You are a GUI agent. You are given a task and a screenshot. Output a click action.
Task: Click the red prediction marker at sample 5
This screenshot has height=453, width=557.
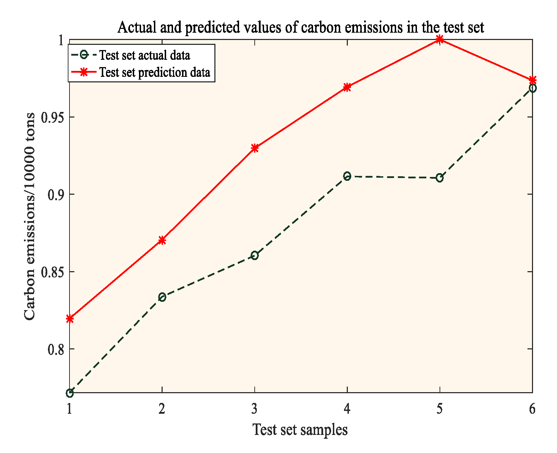(440, 39)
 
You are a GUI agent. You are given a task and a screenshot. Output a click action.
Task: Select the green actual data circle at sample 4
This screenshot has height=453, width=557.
(347, 176)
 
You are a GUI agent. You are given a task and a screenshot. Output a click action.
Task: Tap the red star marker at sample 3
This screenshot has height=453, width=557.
(255, 148)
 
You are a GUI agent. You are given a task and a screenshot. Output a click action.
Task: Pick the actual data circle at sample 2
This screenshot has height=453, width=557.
(162, 297)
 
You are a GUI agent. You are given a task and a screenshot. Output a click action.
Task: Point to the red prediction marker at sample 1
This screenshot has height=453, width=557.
(70, 318)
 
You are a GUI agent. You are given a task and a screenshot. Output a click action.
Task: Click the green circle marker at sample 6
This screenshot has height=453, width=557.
(532, 88)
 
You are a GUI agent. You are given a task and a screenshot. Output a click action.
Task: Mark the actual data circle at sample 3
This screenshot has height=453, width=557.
(255, 256)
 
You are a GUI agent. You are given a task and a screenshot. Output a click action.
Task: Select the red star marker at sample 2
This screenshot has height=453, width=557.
(162, 240)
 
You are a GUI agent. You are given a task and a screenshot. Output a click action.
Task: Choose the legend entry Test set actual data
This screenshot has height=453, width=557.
(145, 55)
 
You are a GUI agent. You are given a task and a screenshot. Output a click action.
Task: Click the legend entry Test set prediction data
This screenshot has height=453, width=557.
(155, 72)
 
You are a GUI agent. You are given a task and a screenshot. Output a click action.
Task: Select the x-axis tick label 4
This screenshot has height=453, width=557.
(347, 409)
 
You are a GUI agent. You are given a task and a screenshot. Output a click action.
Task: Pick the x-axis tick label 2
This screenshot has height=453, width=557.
(162, 409)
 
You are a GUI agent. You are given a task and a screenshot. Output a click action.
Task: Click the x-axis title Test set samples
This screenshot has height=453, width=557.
(300, 430)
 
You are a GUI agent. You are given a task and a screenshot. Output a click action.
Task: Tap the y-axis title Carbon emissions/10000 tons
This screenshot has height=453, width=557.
(30, 216)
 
